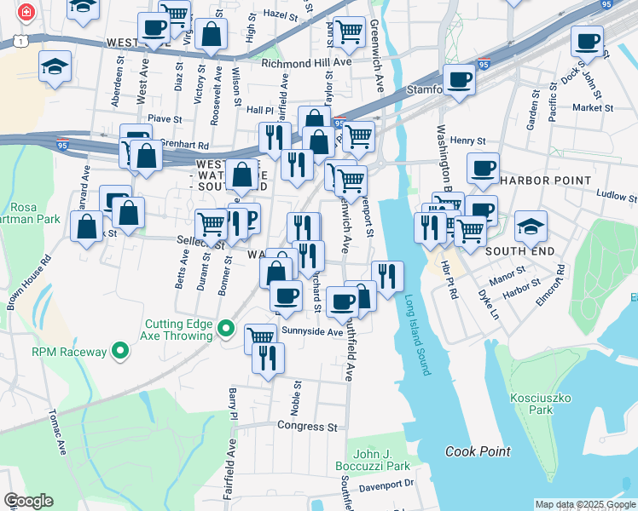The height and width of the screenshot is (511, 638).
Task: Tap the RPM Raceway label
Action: [70, 351]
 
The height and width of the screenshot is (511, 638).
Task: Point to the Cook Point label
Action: [478, 451]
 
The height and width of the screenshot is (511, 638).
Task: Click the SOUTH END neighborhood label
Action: [520, 252]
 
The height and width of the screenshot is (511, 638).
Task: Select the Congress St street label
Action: [307, 425]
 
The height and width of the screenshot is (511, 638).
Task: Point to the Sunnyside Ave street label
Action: [312, 331]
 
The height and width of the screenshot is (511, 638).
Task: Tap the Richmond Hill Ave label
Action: [307, 63]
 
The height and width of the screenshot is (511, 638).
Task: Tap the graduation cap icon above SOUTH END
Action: [531, 227]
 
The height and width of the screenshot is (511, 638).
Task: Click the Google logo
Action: [28, 501]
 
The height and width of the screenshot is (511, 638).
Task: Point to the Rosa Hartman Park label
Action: [34, 213]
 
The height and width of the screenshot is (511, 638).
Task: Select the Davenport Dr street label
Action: [386, 483]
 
